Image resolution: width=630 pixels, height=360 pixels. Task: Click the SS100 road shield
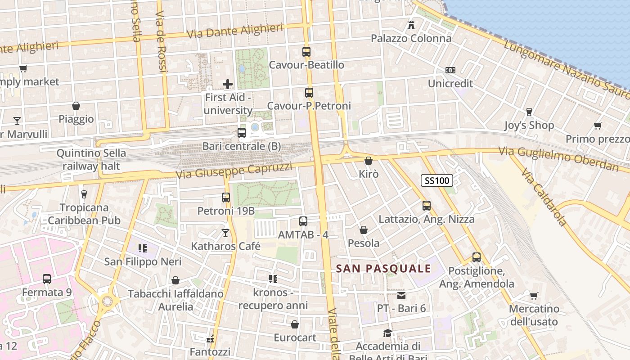coord(436,181)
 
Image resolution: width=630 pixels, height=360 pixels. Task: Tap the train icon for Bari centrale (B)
coord(242,133)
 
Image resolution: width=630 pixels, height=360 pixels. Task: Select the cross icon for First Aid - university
coord(228,84)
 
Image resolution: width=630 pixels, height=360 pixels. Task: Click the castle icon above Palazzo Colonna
coord(411,25)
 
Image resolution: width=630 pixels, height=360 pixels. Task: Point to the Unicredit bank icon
coord(450,70)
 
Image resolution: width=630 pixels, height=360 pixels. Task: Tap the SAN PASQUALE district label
coord(384,269)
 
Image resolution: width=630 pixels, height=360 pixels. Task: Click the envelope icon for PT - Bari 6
coord(401,296)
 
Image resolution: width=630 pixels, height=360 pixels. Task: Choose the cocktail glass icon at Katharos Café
coord(225,233)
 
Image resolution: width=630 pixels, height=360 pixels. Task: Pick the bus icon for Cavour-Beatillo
coord(306,51)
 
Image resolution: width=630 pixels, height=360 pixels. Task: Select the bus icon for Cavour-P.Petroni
coord(309,93)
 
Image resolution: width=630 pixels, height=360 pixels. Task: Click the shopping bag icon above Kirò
coord(369,161)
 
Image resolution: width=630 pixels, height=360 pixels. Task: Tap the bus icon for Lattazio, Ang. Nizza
coord(427,206)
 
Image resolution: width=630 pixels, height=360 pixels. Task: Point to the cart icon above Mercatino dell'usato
coord(534,296)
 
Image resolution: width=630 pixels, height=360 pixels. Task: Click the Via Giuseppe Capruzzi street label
coord(234,171)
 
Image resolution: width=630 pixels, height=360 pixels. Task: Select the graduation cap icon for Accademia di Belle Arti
coord(387,333)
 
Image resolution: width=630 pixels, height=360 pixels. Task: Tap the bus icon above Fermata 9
coord(47,279)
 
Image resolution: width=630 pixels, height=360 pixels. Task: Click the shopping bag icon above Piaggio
coord(76,106)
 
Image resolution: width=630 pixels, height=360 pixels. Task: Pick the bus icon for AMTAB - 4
coord(303,221)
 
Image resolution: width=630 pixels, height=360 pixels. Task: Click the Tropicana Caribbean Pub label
coord(84,214)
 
